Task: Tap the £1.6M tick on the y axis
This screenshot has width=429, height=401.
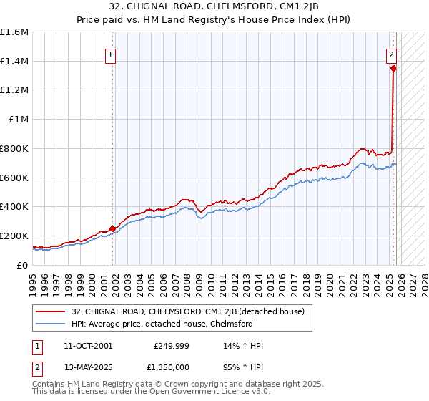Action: (x=14, y=32)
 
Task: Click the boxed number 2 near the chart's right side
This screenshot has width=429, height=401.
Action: (x=393, y=54)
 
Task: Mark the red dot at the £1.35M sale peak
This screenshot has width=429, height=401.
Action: (x=393, y=69)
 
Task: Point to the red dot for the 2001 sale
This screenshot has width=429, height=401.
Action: (x=113, y=228)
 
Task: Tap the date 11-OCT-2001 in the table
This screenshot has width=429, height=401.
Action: (x=89, y=346)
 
